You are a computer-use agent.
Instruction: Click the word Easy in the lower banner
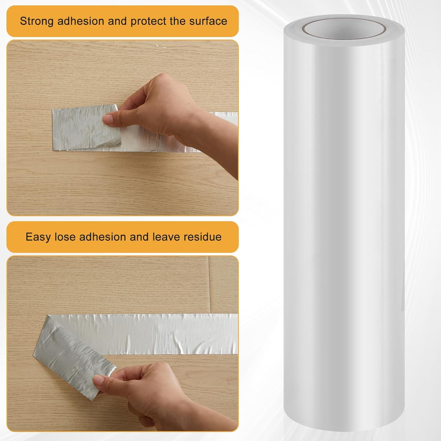tap(38, 237)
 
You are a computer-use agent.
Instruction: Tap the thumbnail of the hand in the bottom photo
tap(98, 382)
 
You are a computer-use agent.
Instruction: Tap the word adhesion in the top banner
tap(81, 21)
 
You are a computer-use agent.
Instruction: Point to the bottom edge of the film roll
tap(344, 423)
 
